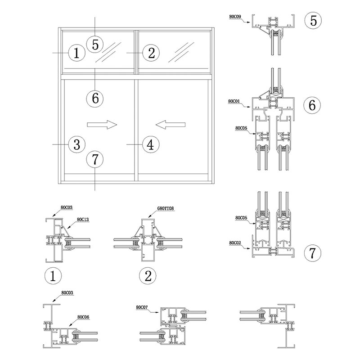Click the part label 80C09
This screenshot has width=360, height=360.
point(235,17)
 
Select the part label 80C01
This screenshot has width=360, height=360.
point(234,101)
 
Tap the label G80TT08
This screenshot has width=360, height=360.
point(165,209)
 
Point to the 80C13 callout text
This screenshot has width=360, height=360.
point(83,220)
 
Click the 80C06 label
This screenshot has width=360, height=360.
point(83,317)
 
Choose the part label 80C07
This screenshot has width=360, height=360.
point(142,307)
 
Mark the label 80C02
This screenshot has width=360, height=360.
point(235,243)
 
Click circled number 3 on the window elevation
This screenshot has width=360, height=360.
point(76,144)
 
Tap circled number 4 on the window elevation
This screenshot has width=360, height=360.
point(151,144)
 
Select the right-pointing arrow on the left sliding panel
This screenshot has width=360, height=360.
point(102,125)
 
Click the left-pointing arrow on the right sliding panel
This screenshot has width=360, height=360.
point(171,125)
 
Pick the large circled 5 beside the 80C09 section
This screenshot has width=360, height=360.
point(313,20)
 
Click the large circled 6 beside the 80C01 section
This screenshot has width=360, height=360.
point(312,105)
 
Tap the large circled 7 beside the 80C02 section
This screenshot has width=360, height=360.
point(312,253)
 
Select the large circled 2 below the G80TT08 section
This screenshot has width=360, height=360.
point(148,276)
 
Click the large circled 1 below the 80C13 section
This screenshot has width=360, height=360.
point(53,276)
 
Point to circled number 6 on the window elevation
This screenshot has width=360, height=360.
point(95,99)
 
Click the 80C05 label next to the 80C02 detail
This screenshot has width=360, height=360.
point(241,218)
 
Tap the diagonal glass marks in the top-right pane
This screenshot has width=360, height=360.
point(181,52)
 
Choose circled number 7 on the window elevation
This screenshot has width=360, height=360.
point(95,159)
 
